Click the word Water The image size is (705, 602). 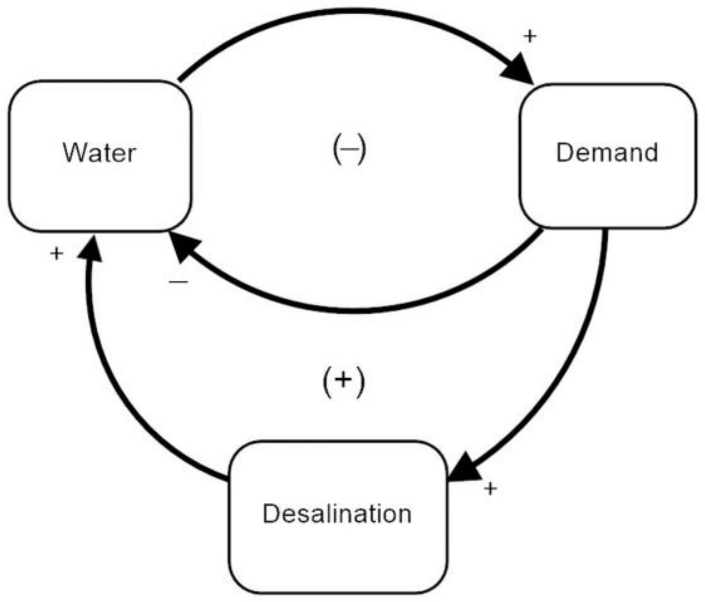coord(100,153)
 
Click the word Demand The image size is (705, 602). coord(607,153)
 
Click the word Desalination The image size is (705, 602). coord(337,513)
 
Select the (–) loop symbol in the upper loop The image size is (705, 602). coord(349,149)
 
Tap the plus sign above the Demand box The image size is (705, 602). coord(530,37)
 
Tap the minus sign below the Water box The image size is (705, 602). coord(179,282)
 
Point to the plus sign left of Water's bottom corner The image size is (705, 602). coord(56,253)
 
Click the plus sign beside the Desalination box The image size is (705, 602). coord(490,488)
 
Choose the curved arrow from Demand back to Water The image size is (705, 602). coord(355,310)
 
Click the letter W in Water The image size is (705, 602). coord(72,153)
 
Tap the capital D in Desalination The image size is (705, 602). coord(271,513)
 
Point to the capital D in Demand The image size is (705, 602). coord(564,153)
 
